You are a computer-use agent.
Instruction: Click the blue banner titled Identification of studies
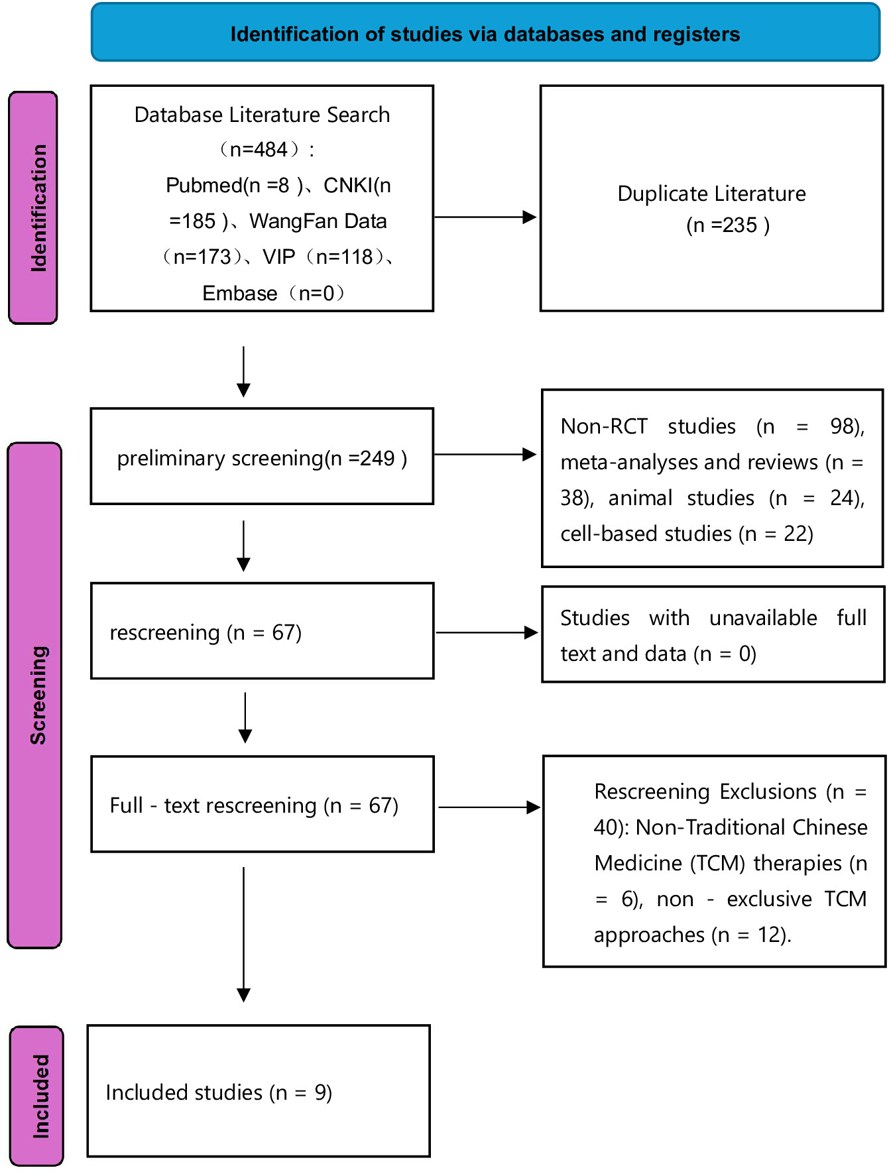(485, 33)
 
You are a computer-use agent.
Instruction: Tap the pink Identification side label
(33, 207)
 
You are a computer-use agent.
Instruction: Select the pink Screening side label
(34, 695)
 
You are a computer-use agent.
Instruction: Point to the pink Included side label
(37, 1096)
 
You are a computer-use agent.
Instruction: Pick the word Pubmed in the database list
(204, 186)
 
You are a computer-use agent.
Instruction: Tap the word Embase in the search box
(240, 293)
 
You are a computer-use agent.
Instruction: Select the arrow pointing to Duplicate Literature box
(485, 217)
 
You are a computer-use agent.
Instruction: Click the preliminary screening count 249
(377, 458)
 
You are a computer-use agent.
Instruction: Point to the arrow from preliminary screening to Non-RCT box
(485, 454)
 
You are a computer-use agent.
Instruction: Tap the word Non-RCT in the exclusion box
(604, 426)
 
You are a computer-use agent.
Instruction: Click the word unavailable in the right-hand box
(763, 618)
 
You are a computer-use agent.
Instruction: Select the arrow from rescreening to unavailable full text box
(487, 632)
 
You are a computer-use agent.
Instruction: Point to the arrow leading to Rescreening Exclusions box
(489, 807)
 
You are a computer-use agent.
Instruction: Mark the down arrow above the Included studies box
(244, 935)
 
